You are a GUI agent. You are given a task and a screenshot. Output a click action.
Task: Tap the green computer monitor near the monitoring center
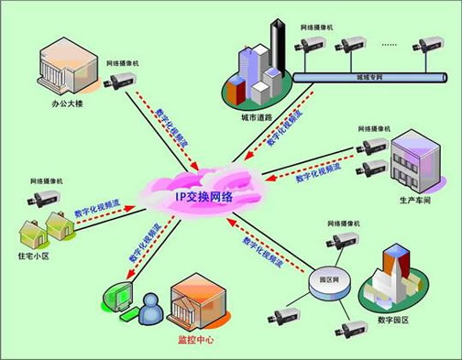pyautogui.click(x=122, y=299)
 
